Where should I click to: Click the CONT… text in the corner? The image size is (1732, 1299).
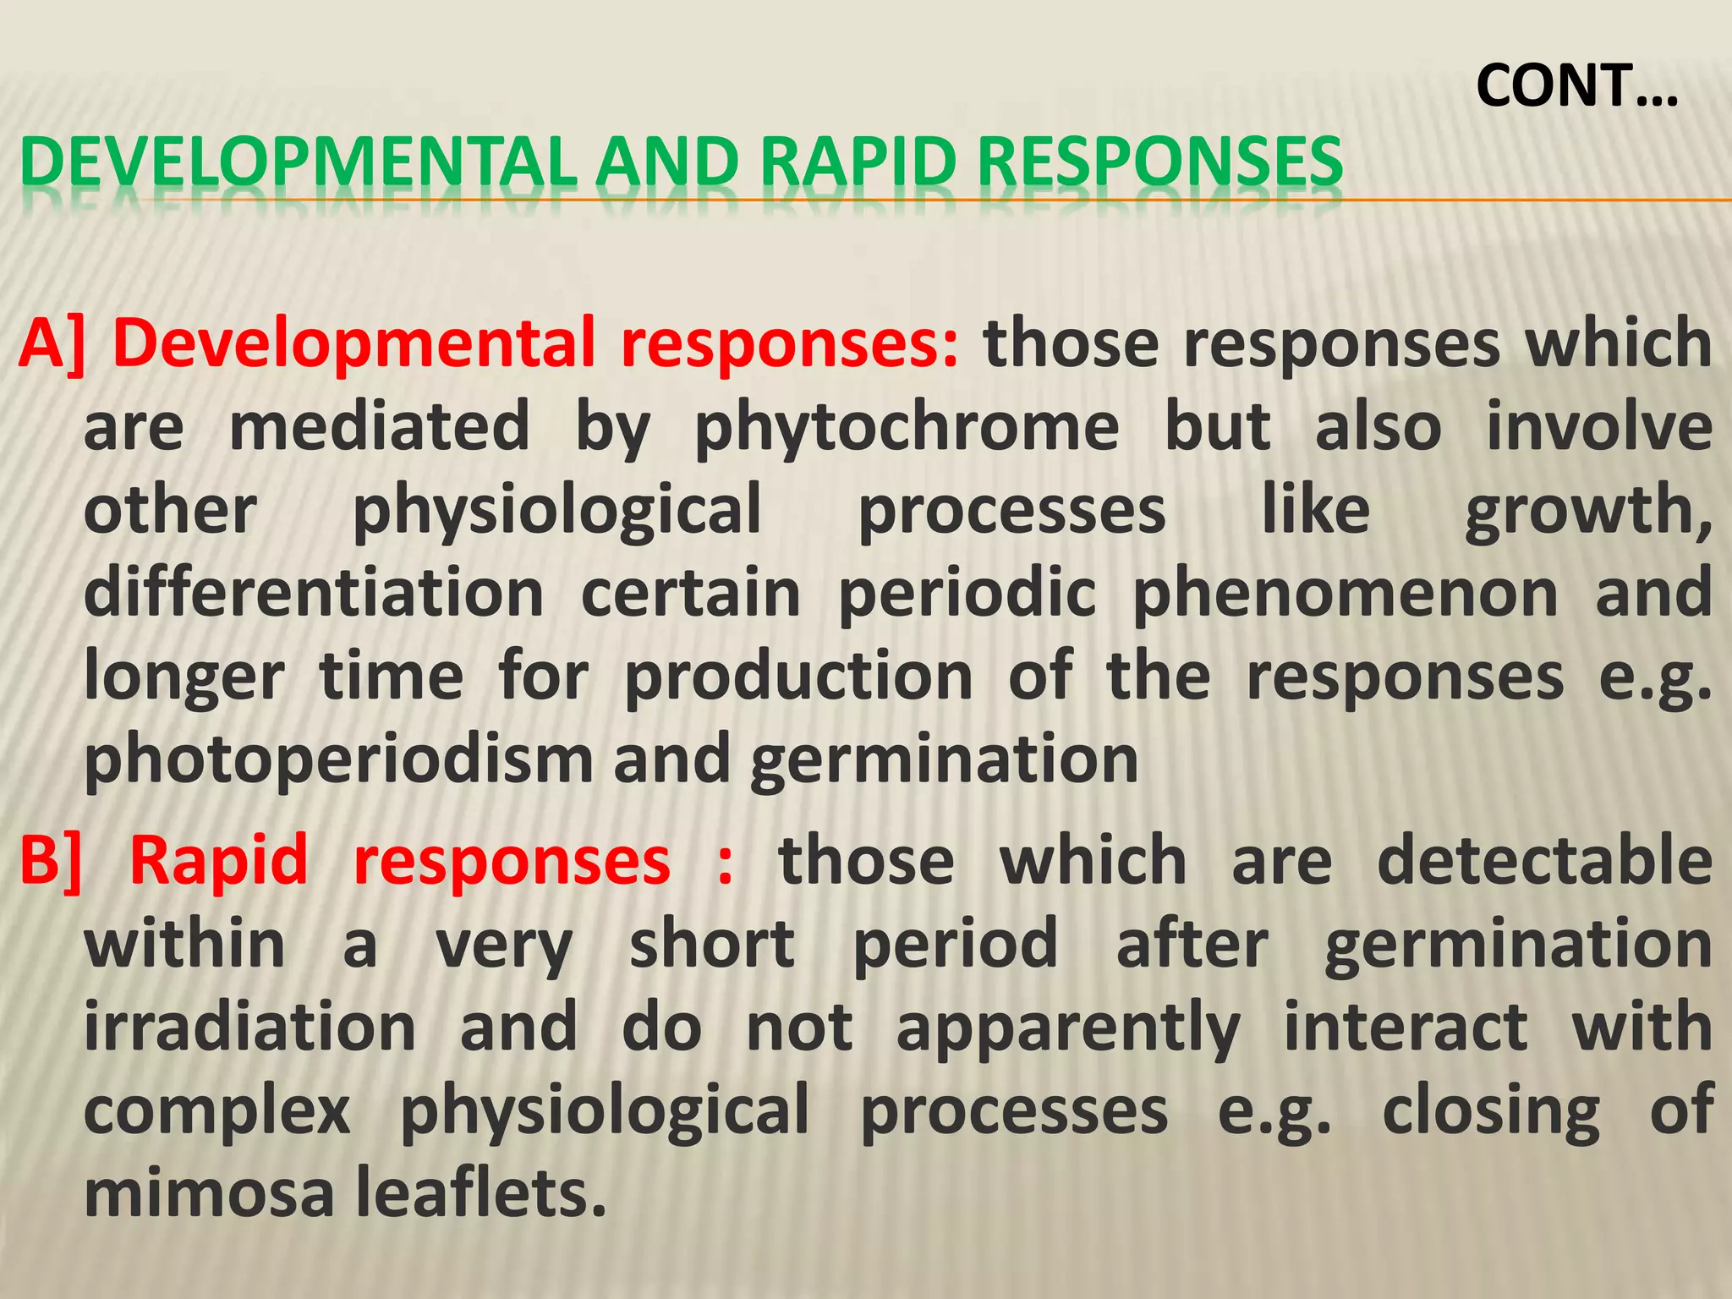coord(1576,86)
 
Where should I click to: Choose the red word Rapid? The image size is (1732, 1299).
coord(218,861)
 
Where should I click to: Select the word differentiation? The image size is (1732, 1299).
coord(314,594)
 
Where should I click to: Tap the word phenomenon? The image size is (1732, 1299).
coord(1345,594)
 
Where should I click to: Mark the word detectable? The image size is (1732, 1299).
coord(1544,861)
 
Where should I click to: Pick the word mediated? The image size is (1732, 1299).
coord(379,426)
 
